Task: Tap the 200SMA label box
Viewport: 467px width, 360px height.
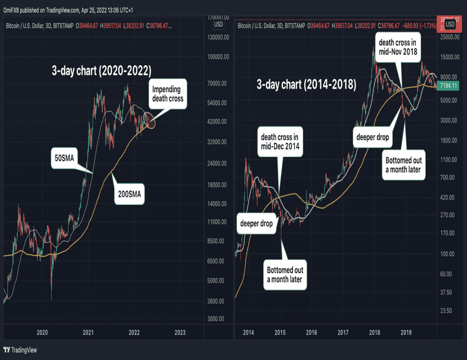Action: coord(129,195)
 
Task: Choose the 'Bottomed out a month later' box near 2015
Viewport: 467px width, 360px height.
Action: coord(285,274)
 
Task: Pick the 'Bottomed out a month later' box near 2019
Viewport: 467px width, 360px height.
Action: coord(404,165)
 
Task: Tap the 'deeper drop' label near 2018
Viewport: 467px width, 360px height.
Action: coord(372,137)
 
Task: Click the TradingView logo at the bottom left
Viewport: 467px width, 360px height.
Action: coord(21,350)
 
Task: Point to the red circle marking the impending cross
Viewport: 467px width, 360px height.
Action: coord(150,120)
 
